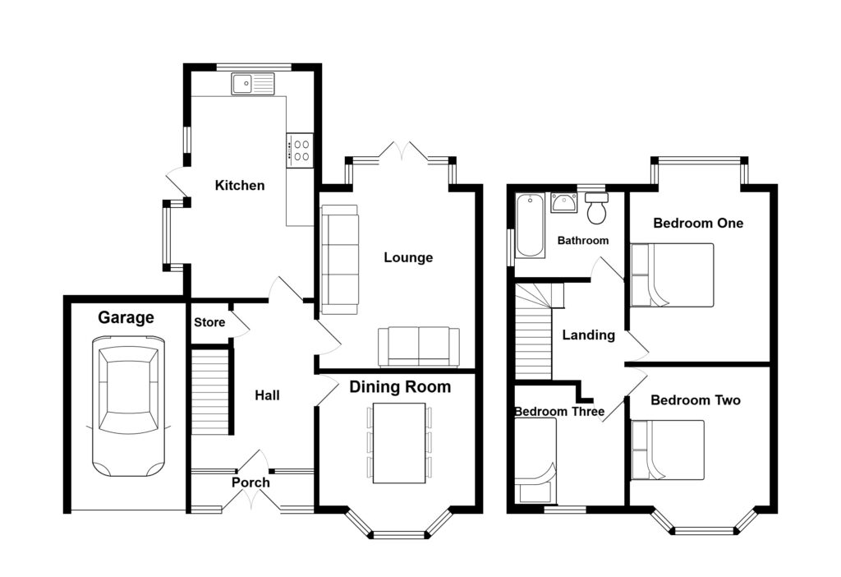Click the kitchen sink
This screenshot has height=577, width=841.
coord(253,84)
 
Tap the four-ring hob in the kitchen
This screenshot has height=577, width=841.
coord(300,150)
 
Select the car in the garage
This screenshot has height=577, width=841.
coord(127,410)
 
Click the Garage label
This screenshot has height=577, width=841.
coord(126,318)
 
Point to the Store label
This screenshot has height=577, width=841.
coord(209,322)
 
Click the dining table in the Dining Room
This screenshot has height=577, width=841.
coord(398,442)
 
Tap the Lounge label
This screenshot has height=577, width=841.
coord(408,257)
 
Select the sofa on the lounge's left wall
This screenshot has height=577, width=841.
coord(339,259)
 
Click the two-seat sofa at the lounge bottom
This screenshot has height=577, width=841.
coord(419,346)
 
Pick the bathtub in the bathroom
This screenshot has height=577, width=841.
coord(530,225)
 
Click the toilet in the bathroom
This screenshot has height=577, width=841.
coord(597,210)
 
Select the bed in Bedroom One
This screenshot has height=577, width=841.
coord(672,275)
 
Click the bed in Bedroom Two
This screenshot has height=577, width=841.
coord(668,450)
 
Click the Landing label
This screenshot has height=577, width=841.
coord(588,335)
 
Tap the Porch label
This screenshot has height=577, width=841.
coord(250,482)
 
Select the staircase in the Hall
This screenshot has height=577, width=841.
coord(209,391)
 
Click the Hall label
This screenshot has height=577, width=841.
coord(267,395)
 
